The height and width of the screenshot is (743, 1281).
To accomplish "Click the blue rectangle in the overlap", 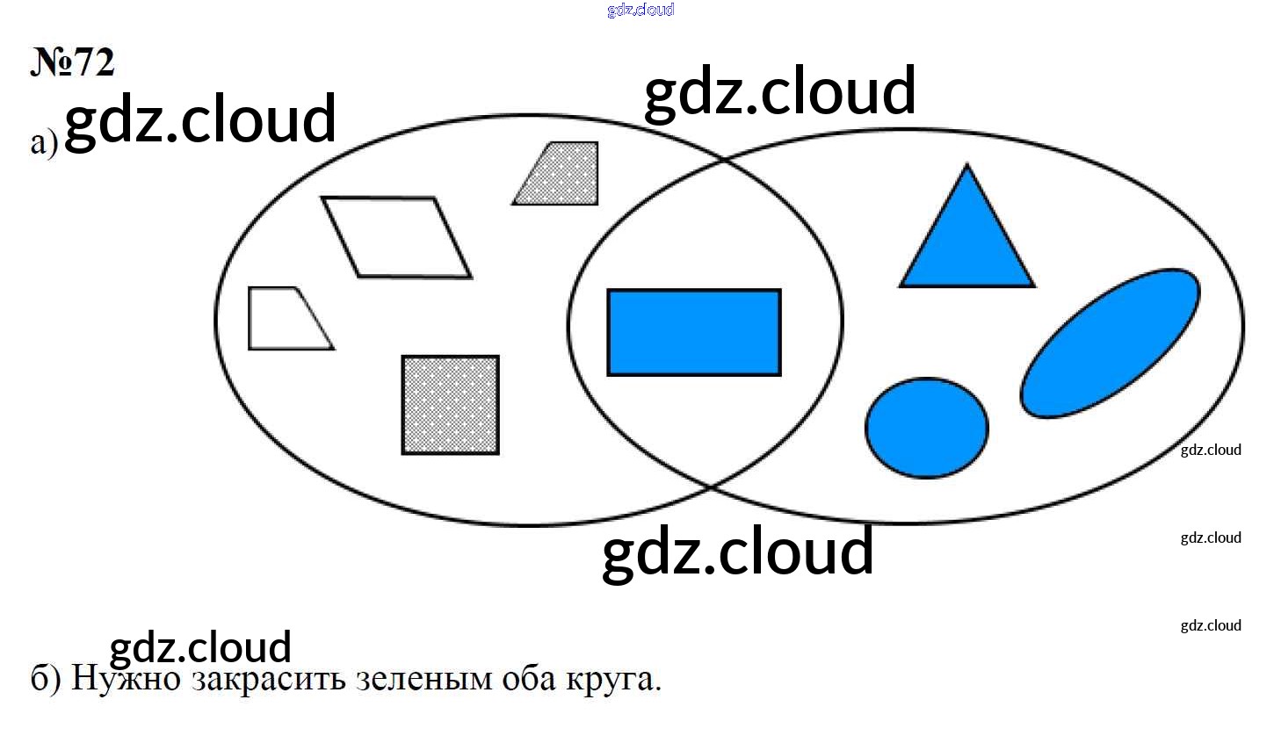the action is [694, 333].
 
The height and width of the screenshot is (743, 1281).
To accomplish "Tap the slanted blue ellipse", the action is [1111, 343].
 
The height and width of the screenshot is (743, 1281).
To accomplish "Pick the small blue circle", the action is [926, 428].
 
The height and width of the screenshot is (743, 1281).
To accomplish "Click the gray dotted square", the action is [451, 405].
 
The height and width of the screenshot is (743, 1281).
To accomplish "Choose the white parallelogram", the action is [397, 237].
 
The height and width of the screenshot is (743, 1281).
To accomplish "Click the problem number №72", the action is [73, 61].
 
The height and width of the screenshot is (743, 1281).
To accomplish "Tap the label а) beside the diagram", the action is [44, 142].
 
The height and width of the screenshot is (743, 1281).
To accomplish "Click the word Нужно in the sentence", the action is [126, 679].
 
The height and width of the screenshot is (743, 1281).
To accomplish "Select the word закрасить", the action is [268, 680].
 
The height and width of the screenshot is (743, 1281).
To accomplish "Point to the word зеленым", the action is [423, 680].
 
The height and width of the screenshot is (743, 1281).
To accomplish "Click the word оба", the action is [529, 678].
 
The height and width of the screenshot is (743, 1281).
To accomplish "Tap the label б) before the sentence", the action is [45, 678].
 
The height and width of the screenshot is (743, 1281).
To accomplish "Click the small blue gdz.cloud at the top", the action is [640, 10].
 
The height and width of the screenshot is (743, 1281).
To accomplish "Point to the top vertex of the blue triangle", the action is [967, 164].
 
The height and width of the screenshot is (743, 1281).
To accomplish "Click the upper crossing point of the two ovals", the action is [723, 161].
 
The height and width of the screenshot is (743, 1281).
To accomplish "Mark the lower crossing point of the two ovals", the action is [710, 487].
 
